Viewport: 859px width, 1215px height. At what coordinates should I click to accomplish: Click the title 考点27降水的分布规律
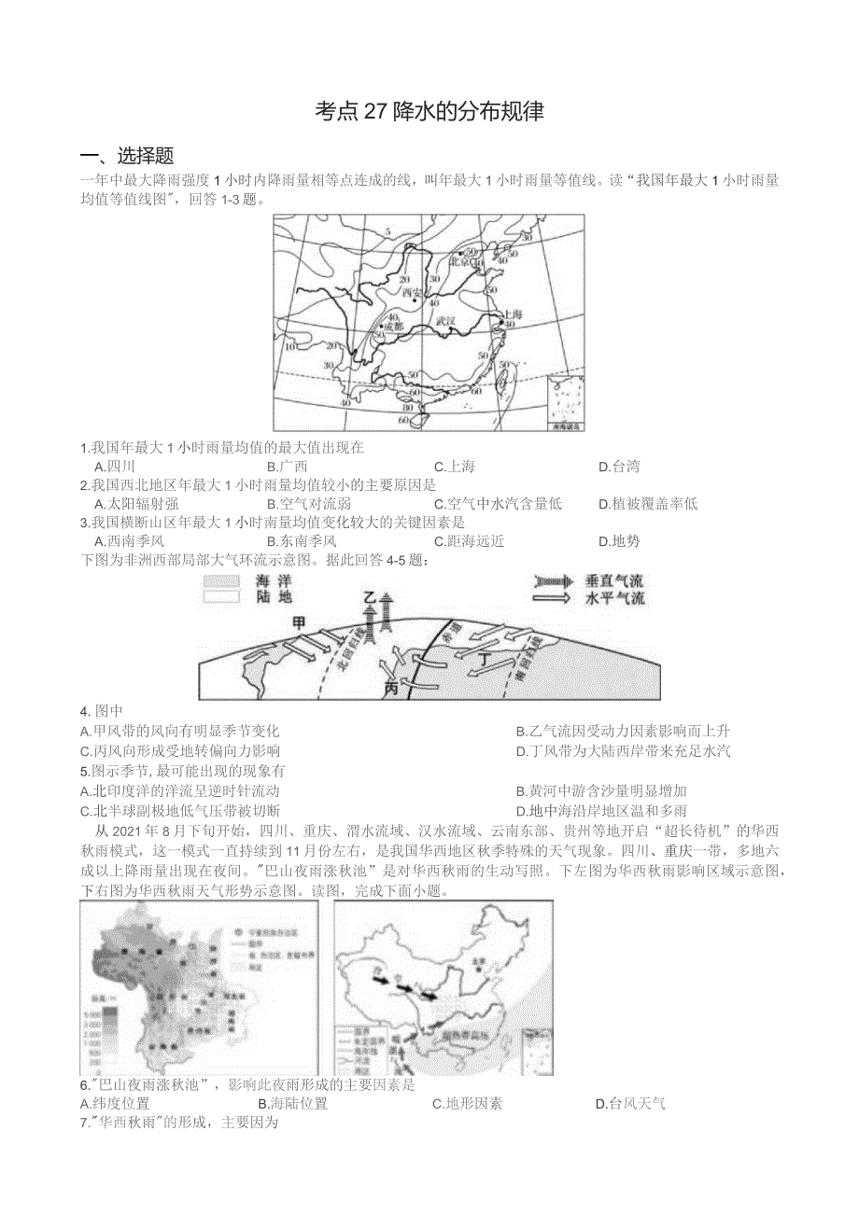(x=429, y=112)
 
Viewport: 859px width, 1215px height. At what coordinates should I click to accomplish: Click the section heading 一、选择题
(x=127, y=156)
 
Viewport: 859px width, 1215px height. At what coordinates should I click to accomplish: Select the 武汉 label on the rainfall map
(x=445, y=321)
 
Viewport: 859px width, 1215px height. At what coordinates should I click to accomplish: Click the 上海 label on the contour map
(x=512, y=314)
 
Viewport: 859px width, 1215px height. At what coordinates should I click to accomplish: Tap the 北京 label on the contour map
(x=459, y=262)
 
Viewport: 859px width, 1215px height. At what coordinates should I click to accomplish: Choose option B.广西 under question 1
(x=287, y=467)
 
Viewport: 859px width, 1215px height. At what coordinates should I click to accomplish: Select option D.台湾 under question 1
(x=619, y=467)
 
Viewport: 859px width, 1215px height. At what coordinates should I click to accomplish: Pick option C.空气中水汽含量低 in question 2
(x=498, y=504)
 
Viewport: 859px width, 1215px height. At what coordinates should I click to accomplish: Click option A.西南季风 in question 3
(x=129, y=541)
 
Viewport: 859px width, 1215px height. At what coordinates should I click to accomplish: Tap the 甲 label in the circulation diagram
(x=298, y=621)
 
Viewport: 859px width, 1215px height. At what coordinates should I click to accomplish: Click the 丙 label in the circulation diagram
(x=393, y=688)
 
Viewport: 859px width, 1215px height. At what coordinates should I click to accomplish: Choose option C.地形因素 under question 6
(x=467, y=1104)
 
